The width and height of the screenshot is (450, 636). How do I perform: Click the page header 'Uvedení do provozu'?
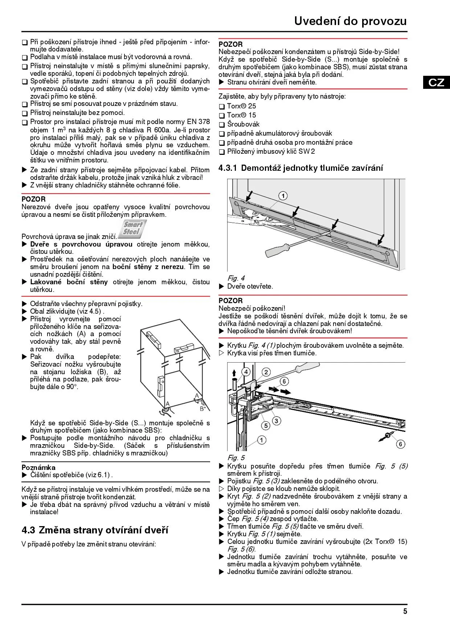350,21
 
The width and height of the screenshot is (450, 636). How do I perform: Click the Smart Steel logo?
133,228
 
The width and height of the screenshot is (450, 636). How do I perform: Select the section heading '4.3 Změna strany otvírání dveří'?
95,530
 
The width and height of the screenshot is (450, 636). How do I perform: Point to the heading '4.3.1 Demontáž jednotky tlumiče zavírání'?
301,168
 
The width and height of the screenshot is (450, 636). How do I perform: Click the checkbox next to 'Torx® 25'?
222,107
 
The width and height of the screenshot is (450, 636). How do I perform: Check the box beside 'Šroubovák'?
222,125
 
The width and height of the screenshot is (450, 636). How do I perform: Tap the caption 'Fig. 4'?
236,278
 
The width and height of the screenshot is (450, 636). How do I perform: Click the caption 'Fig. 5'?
236,458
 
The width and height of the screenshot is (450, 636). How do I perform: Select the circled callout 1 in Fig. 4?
283,196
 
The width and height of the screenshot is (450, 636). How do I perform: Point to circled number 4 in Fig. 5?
246,372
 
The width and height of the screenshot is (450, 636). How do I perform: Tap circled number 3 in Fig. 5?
277,421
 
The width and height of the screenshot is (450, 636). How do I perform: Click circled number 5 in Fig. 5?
266,426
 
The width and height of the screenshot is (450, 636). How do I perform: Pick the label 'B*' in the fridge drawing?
202,409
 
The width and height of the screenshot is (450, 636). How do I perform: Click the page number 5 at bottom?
405,611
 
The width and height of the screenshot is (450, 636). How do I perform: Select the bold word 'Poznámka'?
38,467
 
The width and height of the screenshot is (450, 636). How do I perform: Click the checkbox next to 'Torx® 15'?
222,116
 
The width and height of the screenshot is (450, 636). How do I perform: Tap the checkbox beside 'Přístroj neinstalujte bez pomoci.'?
25,113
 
